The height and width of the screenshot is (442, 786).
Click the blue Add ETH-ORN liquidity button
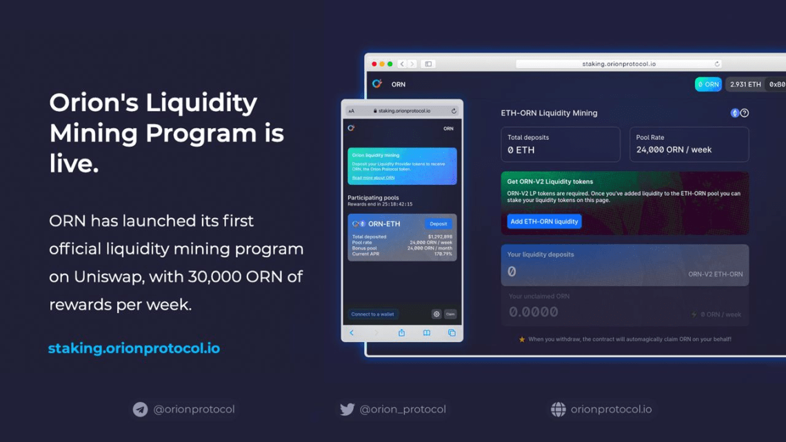(x=544, y=221)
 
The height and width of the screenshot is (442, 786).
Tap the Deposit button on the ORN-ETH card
(x=438, y=224)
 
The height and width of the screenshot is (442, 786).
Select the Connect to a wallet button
(x=372, y=314)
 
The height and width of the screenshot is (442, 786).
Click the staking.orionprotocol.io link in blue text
(x=134, y=348)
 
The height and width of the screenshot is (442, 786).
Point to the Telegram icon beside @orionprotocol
(x=140, y=410)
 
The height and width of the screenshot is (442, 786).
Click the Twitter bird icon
(x=347, y=410)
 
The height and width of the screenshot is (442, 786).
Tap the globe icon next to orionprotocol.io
(x=558, y=410)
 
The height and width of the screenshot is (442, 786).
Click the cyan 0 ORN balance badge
(x=708, y=84)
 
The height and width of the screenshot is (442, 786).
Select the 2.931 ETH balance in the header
(x=745, y=84)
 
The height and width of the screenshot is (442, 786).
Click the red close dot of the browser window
(x=374, y=64)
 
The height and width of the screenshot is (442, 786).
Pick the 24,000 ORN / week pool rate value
(x=674, y=150)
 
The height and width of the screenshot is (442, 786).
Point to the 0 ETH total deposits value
(x=521, y=150)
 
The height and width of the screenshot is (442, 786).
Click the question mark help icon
(x=745, y=113)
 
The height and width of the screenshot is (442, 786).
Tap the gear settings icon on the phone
(x=436, y=314)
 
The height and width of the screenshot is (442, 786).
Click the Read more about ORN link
(x=373, y=178)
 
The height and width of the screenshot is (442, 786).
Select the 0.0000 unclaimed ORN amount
(x=533, y=312)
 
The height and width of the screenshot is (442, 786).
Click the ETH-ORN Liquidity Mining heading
(x=549, y=113)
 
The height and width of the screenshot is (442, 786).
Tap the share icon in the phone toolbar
(x=401, y=333)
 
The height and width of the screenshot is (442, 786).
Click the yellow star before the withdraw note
(x=522, y=339)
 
